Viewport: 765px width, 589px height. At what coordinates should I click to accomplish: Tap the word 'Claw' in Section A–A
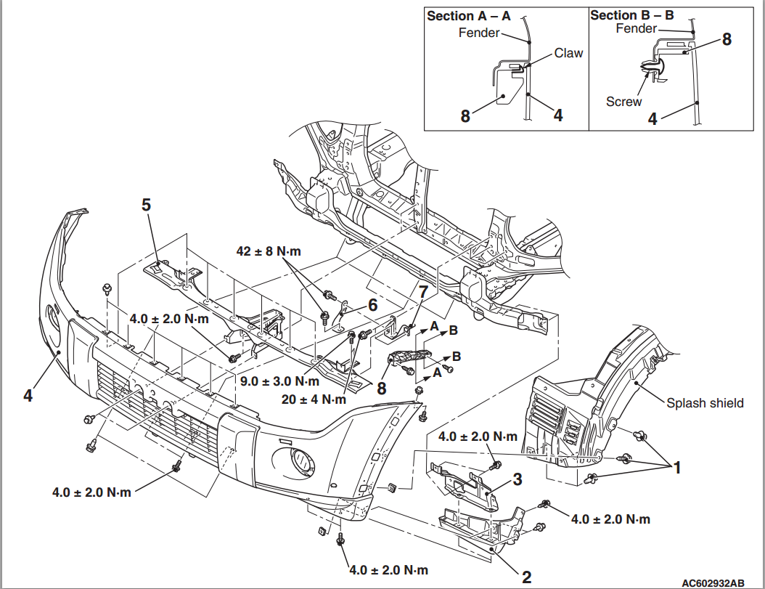(568, 53)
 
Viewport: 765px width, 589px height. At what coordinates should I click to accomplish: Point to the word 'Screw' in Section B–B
(623, 102)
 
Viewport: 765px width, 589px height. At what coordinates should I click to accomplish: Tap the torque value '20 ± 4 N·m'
(314, 399)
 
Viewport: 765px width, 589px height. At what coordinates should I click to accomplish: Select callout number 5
(147, 206)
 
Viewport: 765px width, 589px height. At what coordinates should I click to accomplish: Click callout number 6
(372, 306)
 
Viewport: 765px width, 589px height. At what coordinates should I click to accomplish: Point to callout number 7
(422, 293)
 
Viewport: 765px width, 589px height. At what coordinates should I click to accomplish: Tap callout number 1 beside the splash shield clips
(676, 468)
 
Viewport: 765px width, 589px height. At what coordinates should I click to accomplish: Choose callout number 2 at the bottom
(526, 577)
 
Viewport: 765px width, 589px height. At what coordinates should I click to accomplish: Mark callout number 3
(517, 479)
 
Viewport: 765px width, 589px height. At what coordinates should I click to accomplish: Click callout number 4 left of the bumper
(28, 396)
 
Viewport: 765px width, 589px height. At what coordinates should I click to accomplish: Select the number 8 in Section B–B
(726, 40)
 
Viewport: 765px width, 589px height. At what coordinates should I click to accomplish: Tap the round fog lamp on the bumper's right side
(298, 458)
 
